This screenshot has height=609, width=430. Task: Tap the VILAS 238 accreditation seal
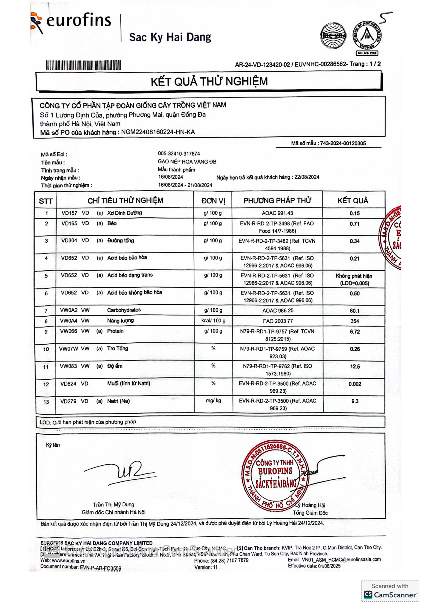tap(367, 37)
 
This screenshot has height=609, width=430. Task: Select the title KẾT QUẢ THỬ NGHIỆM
tap(209, 81)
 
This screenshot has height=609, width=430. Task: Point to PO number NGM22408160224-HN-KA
tap(158, 132)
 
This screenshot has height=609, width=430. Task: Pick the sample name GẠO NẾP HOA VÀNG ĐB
tap(187, 162)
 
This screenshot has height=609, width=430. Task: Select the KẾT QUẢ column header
tap(353, 200)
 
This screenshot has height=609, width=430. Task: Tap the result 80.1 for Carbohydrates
tap(355, 311)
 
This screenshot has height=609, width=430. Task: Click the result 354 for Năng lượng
tap(355, 321)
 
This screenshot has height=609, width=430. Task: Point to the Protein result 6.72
tap(355, 331)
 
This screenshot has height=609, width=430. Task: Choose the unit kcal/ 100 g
tap(213, 321)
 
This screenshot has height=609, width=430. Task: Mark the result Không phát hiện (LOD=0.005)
tap(354, 280)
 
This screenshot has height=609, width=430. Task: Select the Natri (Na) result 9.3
tap(355, 401)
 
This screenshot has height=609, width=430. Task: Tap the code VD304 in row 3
tap(69, 241)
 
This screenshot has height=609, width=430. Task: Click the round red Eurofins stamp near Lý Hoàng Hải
tap(276, 476)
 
